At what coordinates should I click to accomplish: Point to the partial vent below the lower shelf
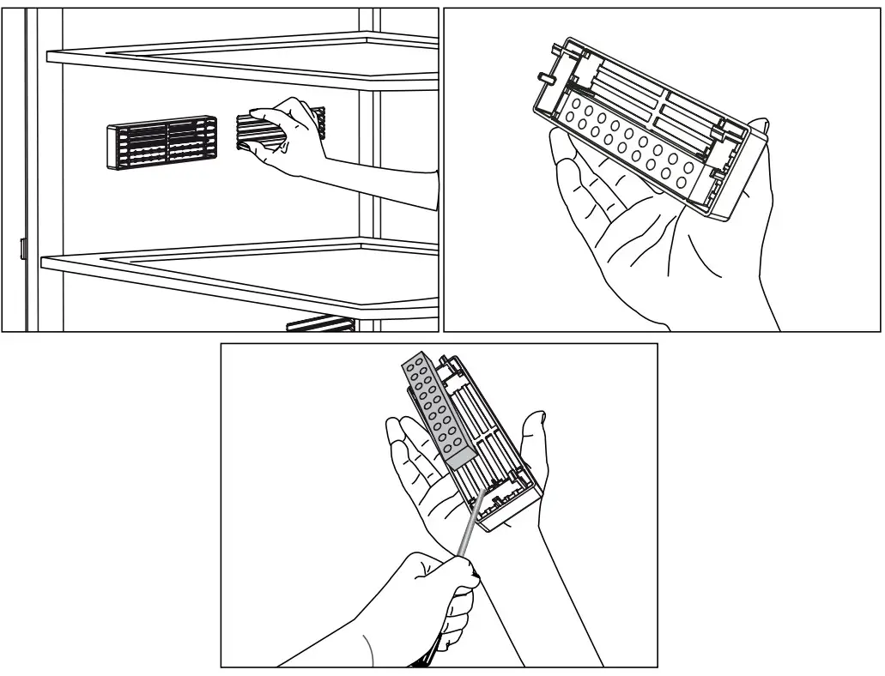(x=321, y=323)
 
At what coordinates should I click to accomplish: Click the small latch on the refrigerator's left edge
(x=22, y=249)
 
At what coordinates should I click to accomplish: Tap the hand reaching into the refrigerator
(x=288, y=137)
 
